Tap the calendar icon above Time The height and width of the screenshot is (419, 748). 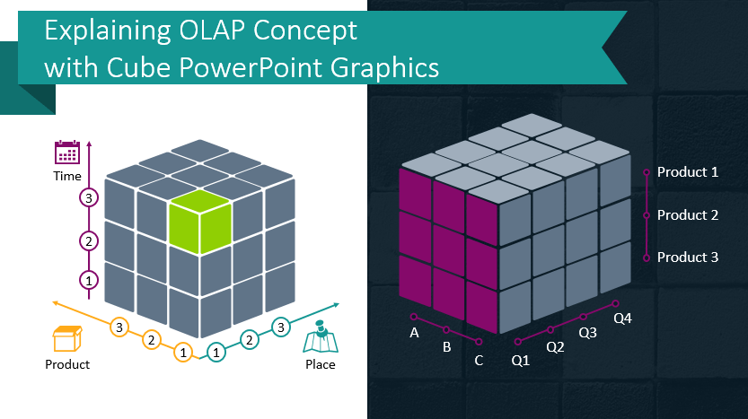[67, 152]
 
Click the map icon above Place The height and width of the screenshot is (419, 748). [319, 340]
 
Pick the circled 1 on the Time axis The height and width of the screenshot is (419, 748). [88, 280]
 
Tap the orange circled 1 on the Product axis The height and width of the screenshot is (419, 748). [183, 353]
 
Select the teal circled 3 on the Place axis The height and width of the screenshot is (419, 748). [281, 327]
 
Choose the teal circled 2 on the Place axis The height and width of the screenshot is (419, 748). [249, 339]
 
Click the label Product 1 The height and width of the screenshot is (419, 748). [687, 172]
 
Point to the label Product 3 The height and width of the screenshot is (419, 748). [687, 258]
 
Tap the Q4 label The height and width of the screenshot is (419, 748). [622, 318]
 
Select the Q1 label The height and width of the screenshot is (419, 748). [521, 361]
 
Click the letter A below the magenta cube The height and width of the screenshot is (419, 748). [414, 333]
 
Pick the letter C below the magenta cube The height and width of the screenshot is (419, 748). [479, 361]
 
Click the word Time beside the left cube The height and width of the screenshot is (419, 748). [66, 177]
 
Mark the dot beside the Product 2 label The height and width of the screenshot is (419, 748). [646, 215]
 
